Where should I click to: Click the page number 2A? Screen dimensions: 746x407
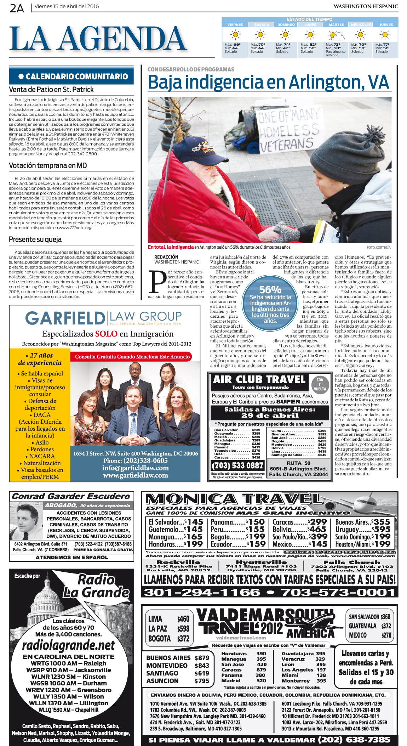[17, 8]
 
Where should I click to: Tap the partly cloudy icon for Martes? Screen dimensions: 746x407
[335, 35]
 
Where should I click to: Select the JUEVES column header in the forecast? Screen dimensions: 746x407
[386, 25]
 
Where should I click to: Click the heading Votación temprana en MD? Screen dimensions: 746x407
[48, 165]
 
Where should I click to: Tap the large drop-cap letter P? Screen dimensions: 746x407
[157, 282]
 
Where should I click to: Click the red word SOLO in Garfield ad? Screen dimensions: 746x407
[106, 334]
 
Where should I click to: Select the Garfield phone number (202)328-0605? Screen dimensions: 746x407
[136, 460]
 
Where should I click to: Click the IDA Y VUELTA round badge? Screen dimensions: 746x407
[320, 384]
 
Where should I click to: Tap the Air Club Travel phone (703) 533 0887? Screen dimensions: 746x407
[237, 465]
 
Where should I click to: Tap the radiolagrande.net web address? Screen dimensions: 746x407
[68, 645]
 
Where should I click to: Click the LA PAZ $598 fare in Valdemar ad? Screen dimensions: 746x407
[168, 628]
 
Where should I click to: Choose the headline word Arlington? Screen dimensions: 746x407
[322, 82]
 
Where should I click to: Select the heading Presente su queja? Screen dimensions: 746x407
[35, 239]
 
